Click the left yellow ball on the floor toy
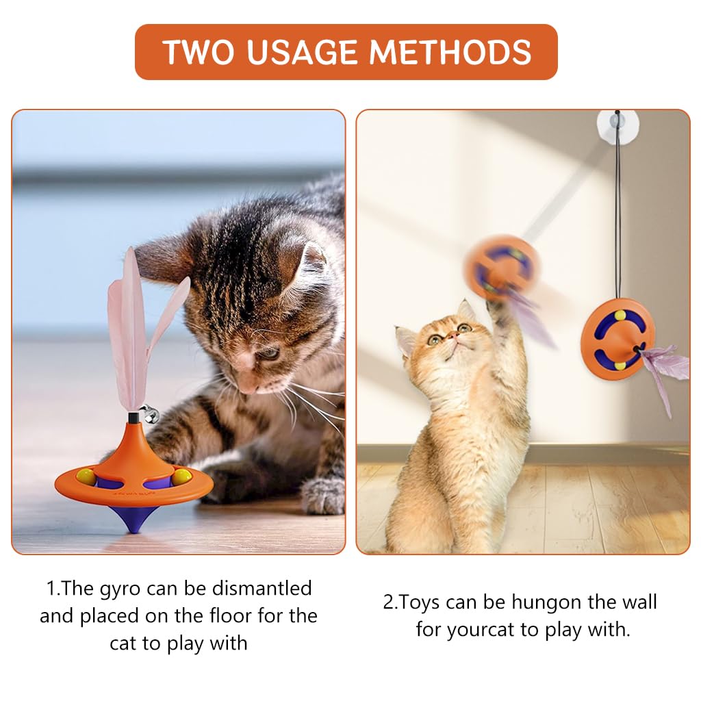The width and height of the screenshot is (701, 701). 86,476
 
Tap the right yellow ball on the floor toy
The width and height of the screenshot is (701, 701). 181,476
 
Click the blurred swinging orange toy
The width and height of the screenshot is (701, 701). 501,267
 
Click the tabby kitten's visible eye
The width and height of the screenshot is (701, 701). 268,353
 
